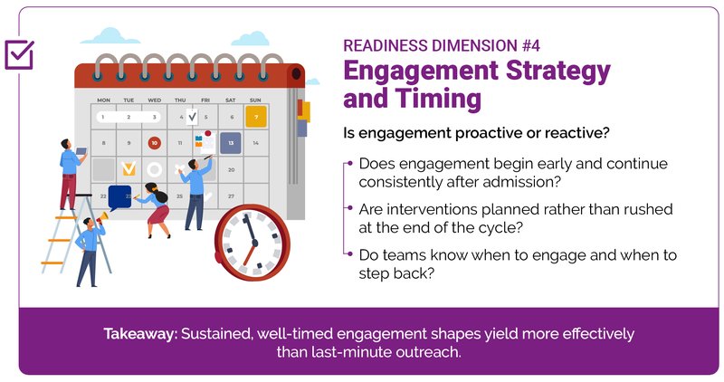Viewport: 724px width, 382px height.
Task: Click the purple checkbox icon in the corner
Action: pyautogui.click(x=19, y=54)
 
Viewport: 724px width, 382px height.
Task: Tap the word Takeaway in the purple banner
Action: pyautogui.click(x=140, y=333)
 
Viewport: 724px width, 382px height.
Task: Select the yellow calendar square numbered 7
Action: pyautogui.click(x=256, y=117)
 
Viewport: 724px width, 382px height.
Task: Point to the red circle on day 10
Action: pyautogui.click(x=155, y=143)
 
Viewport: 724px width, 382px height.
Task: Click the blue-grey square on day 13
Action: pyautogui.click(x=231, y=143)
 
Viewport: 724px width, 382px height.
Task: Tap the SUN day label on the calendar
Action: pyautogui.click(x=255, y=100)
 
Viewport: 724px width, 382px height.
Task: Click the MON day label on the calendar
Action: pyautogui.click(x=103, y=100)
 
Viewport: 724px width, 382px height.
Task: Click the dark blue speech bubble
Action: pyautogui.click(x=120, y=194)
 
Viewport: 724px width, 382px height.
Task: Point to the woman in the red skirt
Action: pyautogui.click(x=157, y=210)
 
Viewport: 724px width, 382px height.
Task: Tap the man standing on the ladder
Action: pyautogui.click(x=70, y=172)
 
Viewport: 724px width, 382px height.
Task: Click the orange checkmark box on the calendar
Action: pyautogui.click(x=129, y=168)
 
